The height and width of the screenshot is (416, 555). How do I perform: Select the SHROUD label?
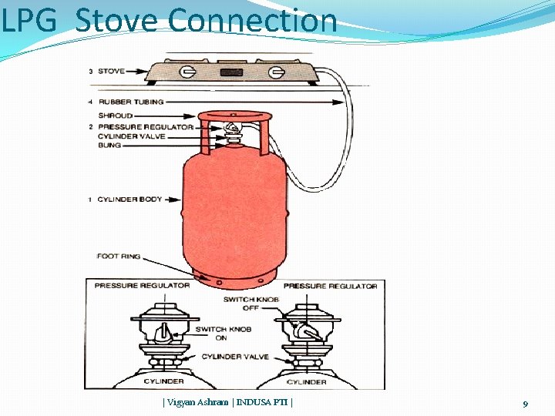(115, 116)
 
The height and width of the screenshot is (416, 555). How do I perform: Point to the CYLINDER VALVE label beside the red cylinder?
(131, 136)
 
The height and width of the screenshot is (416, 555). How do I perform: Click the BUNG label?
(109, 145)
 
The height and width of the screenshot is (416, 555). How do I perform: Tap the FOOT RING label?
(118, 256)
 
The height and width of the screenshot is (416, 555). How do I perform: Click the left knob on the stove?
(187, 73)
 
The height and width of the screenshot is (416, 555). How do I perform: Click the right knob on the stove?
(274, 74)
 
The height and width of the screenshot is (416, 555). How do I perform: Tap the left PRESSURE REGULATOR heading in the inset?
(142, 286)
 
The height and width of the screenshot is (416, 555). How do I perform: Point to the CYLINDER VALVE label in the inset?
(235, 357)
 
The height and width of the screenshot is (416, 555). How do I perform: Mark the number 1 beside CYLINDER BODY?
(89, 200)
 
